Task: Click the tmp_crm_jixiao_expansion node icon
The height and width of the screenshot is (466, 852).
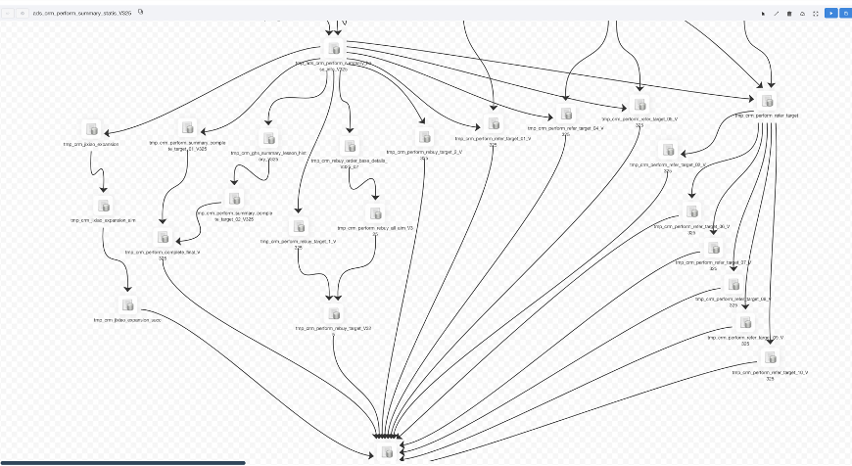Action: (92, 129)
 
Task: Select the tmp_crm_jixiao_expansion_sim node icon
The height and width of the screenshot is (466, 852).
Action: (104, 206)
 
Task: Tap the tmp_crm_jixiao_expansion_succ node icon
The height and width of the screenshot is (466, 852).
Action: (127, 304)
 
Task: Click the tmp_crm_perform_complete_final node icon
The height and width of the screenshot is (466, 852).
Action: (163, 237)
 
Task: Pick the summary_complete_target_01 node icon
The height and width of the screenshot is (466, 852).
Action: (188, 127)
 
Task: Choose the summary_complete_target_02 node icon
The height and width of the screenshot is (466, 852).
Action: (235, 199)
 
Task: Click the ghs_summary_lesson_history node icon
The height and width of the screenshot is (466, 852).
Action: (268, 139)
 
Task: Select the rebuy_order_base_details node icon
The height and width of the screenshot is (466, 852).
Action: (350, 147)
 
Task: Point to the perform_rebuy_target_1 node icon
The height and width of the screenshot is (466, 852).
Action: (299, 226)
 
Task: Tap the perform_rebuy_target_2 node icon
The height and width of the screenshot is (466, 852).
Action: (424, 137)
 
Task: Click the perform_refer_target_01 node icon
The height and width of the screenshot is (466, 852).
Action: (493, 124)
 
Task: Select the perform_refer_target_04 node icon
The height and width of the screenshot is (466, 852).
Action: (566, 114)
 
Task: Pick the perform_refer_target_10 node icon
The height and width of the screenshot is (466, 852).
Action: (771, 357)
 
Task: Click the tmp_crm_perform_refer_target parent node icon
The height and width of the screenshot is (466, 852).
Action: (767, 101)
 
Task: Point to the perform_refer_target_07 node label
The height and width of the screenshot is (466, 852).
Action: (714, 264)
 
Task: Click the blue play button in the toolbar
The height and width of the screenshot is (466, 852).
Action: (830, 14)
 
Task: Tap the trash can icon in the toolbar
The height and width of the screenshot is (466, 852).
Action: (789, 14)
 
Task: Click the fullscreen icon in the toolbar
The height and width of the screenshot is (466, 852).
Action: (816, 14)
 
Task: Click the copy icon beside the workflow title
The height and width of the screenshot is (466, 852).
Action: (141, 13)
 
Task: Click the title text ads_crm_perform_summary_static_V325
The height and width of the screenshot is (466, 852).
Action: (82, 14)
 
